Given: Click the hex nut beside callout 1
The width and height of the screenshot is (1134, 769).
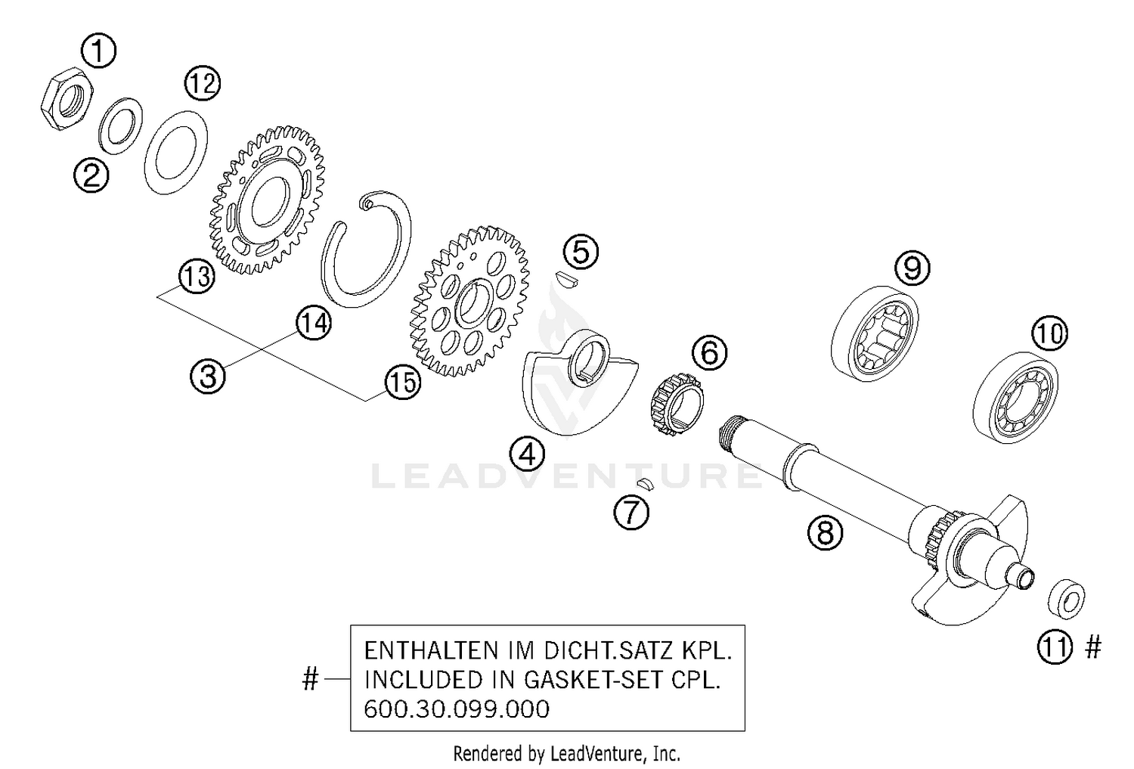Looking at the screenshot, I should pos(67,101).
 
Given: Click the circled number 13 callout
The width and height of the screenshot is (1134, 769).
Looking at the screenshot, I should pos(197,277).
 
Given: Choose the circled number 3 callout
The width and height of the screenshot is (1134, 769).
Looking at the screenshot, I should pos(208,376).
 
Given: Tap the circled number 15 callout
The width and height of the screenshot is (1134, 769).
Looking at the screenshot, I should pos(401,383).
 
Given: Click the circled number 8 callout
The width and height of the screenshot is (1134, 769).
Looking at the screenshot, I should pos(825,533).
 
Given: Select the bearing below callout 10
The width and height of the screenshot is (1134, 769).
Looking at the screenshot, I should pos(1015,396).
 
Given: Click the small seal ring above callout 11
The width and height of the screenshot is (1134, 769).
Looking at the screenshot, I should pos(1067,600).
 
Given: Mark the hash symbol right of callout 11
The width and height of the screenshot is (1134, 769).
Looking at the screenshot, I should pos(1093,647).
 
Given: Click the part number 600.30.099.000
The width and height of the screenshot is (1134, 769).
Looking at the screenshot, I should pos(457,709).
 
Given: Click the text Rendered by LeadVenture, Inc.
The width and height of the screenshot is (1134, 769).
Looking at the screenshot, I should pos(566,754).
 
